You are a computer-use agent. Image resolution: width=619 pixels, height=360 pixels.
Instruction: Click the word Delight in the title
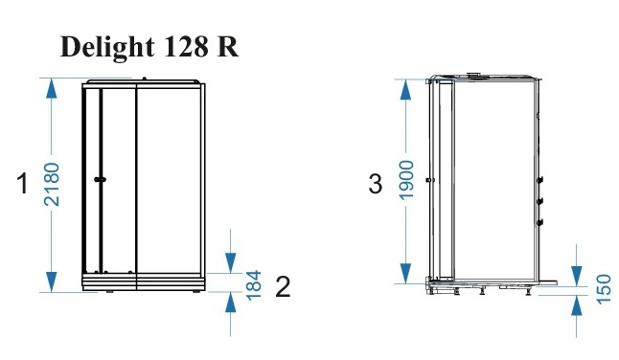coord(107,48)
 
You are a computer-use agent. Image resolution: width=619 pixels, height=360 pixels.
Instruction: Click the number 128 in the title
coord(185,47)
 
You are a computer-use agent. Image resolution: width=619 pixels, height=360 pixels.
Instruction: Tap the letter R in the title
coord(228,47)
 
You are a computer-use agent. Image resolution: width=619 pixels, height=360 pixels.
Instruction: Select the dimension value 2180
coord(52,184)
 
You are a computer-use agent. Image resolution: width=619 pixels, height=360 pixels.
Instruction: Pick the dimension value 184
coord(254,285)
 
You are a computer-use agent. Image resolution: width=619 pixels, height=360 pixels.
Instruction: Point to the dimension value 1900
coord(406,180)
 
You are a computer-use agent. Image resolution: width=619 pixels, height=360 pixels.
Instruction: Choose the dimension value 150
coord(604,289)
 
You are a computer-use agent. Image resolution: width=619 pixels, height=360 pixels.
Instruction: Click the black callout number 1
coord(23,184)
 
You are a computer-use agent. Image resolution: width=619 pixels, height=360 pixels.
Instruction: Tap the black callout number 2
coord(283,286)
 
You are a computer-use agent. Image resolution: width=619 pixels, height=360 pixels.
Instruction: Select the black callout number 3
coord(375,184)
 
